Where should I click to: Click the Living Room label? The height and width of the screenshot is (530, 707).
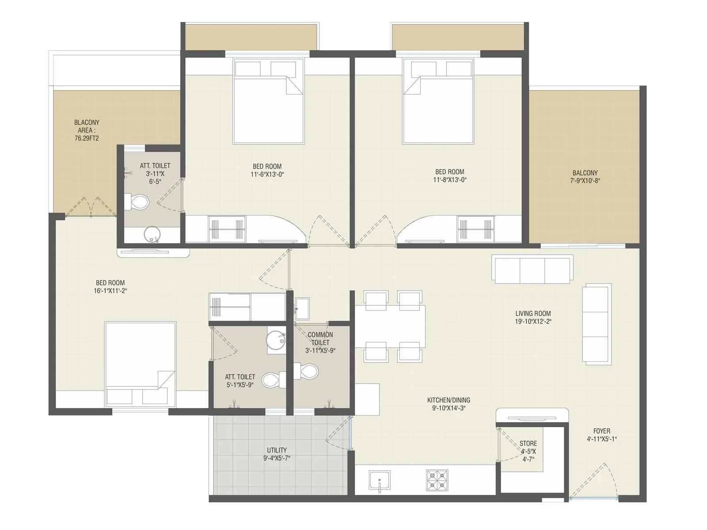click(533, 314)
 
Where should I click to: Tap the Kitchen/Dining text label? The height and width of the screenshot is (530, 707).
click(449, 400)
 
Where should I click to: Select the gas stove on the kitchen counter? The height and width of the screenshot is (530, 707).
click(437, 481)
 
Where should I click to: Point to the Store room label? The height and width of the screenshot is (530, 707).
click(528, 443)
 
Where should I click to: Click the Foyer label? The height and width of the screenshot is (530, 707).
click(601, 431)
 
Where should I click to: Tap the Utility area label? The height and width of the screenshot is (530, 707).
click(277, 450)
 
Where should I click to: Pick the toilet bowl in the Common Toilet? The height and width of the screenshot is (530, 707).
click(306, 371)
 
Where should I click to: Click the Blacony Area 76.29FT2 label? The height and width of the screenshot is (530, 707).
click(87, 130)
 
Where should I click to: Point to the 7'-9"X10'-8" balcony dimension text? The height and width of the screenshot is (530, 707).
click(585, 181)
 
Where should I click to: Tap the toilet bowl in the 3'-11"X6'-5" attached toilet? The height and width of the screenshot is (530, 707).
click(137, 202)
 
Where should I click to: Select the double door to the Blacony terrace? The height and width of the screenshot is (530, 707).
click(91, 208)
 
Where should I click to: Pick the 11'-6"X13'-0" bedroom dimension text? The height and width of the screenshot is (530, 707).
click(267, 174)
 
